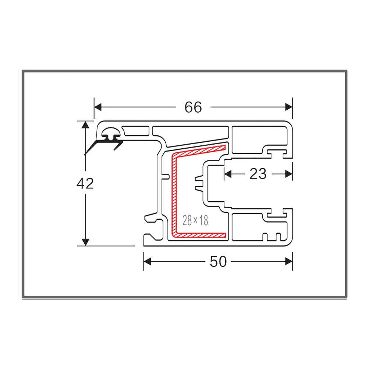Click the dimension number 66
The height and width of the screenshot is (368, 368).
pos(193,107)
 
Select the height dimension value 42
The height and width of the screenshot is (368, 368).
pos(85,183)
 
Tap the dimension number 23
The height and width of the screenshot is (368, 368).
pos(258,174)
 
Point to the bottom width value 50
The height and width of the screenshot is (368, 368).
pos(218,262)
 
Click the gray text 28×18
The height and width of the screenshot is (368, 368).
pos(195,220)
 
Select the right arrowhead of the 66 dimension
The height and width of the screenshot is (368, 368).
pos(289,107)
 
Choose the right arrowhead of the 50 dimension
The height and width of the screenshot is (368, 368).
pos(289,262)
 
